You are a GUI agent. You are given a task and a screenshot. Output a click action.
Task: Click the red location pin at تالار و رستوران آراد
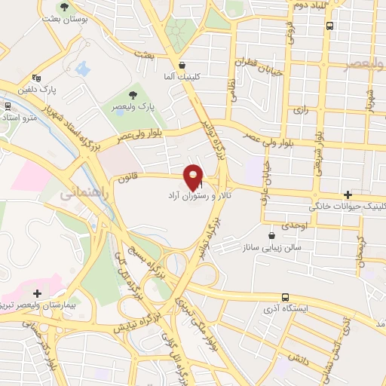pyautogui.click(x=195, y=176)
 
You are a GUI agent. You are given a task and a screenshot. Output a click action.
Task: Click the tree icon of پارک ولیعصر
pyautogui.click(x=133, y=95)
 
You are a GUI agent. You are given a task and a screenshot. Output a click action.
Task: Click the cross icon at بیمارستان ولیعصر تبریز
pyautogui.click(x=36, y=293)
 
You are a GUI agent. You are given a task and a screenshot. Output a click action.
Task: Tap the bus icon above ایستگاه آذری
pyautogui.click(x=285, y=297)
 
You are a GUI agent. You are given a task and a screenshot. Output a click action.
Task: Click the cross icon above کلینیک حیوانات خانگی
pyautogui.click(x=346, y=195)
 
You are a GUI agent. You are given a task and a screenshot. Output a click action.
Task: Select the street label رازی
pyautogui.click(x=302, y=110)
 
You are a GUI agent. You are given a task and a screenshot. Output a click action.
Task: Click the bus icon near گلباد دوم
pyautogui.click(x=330, y=25)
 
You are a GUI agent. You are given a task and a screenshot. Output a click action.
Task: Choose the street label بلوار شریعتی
pyautogui.click(x=320, y=151)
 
